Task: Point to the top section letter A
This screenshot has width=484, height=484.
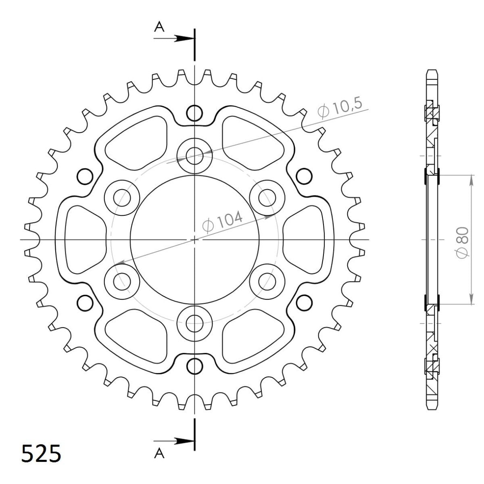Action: [160, 27]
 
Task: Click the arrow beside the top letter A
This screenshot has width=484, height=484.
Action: [184, 39]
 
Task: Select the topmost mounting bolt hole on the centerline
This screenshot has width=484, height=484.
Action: [195, 155]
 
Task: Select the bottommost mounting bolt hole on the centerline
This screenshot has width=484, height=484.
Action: [195, 321]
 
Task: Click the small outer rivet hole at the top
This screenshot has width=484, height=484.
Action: [195, 113]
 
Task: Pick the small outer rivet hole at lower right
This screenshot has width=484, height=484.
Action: [305, 302]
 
